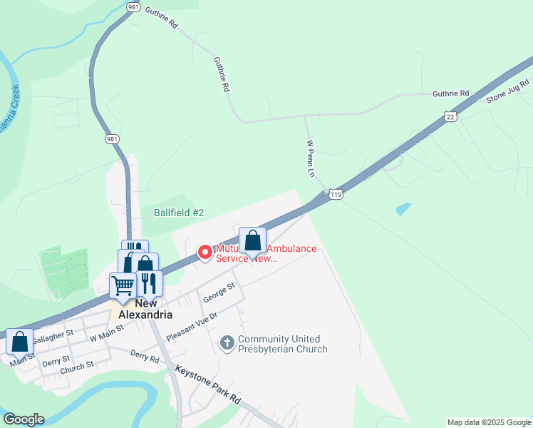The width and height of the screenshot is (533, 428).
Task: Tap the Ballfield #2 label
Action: pyautogui.click(x=179, y=213)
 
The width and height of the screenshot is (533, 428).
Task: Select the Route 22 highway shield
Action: pyautogui.click(x=449, y=116)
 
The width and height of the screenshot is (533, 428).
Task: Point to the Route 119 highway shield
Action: pyautogui.click(x=336, y=193)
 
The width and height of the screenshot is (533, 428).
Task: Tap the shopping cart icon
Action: pyautogui.click(x=123, y=285)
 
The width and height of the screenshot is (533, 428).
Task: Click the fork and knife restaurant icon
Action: pyautogui.click(x=149, y=282)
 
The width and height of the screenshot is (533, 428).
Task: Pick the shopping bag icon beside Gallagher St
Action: pyautogui.click(x=20, y=341)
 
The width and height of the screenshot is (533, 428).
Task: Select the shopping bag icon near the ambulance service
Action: pyautogui.click(x=252, y=240)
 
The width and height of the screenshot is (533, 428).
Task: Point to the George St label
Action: pyautogui.click(x=219, y=292)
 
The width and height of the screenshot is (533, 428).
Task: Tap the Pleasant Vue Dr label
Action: pyautogui.click(x=190, y=325)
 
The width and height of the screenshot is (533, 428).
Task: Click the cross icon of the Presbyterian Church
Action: pyautogui.click(x=227, y=344)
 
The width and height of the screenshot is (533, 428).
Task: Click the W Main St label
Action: pyautogui.click(x=106, y=330)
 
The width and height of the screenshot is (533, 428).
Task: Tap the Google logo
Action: pyautogui.click(x=24, y=419)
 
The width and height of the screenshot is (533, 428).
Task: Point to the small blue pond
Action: pyautogui.click(x=403, y=210)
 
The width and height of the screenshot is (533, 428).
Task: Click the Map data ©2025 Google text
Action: pyautogui.click(x=488, y=422)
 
